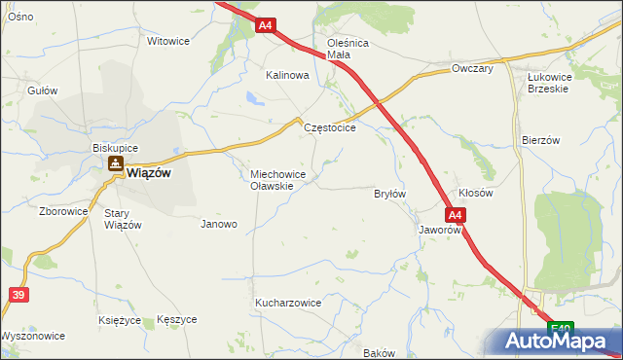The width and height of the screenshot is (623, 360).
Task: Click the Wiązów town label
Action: pyautogui.click(x=149, y=172)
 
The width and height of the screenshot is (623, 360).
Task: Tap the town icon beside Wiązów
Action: pyautogui.click(x=116, y=166)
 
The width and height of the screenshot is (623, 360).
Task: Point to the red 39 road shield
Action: pyautogui.click(x=18, y=293)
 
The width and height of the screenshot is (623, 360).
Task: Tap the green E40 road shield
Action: pyautogui.click(x=559, y=330)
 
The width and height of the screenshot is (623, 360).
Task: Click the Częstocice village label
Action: pyautogui.click(x=330, y=127)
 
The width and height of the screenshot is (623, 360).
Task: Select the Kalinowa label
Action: pyautogui.click(x=287, y=75)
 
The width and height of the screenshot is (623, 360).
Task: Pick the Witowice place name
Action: pyautogui.click(x=167, y=41)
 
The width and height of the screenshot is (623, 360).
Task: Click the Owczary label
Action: pyautogui.click(x=473, y=69)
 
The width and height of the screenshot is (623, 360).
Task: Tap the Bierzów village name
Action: pyautogui.click(x=541, y=139)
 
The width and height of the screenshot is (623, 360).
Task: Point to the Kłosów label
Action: pyautogui.click(x=476, y=193)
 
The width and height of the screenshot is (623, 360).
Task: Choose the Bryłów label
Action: pyautogui.click(x=389, y=194)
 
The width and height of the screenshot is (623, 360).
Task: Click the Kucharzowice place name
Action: pyautogui.click(x=288, y=303)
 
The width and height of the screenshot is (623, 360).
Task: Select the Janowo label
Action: pyautogui.click(x=219, y=224)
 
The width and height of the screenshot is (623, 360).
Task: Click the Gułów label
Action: pyautogui.click(x=43, y=90)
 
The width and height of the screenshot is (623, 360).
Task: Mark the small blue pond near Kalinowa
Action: pyautogui.click(x=254, y=97)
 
